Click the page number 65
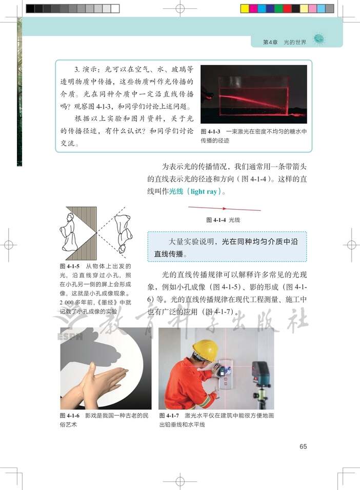(x=303, y=446)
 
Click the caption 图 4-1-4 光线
(x=223, y=219)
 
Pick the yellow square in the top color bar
(x=244, y=9)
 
